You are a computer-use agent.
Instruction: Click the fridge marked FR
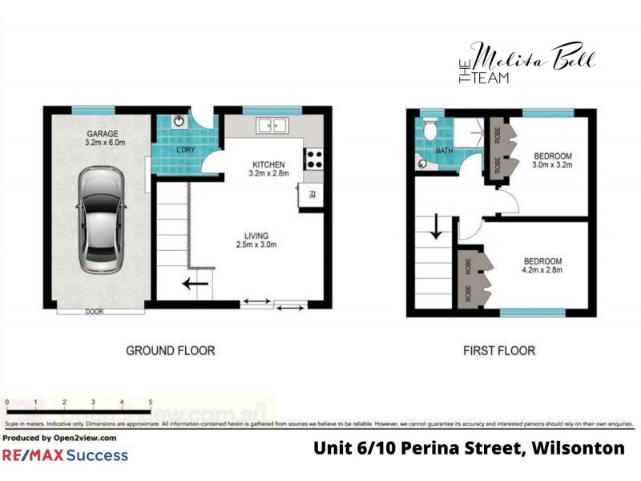pos(311,194)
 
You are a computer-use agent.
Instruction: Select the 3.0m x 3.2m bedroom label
pos(553,160)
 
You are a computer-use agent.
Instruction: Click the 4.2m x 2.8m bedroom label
pos(542,266)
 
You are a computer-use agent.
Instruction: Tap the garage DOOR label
pos(95,312)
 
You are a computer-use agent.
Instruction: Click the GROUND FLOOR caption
pos(171,350)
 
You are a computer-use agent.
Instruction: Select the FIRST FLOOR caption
pos(499,350)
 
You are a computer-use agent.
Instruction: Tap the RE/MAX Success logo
pos(65,455)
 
